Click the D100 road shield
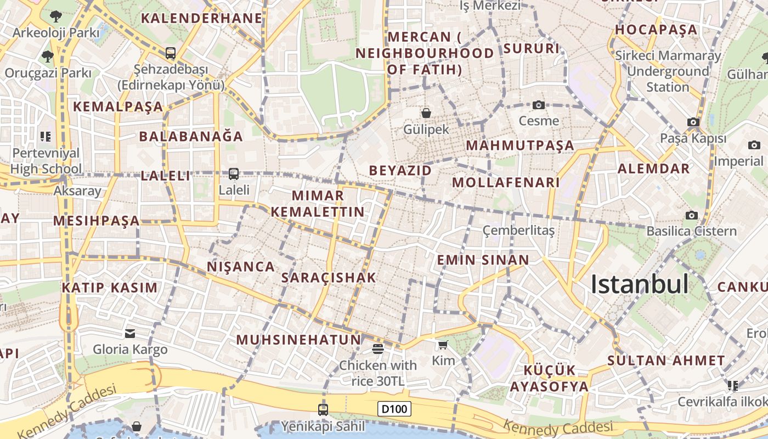point(394,409)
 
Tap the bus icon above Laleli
point(233,174)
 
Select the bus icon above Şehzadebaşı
point(170,53)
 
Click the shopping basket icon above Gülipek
point(426,113)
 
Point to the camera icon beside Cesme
point(539,105)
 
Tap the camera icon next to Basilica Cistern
point(692,215)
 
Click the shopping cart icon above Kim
point(443,345)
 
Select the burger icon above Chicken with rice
point(377,348)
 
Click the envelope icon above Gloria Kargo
point(130,333)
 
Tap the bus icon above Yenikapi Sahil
point(323,409)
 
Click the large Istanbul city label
point(640,284)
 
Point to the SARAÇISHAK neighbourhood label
point(329,278)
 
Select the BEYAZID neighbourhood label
point(400,171)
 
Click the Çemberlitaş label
point(518,230)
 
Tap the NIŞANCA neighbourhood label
point(241,267)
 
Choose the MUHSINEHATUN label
point(299,340)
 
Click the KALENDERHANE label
point(202,18)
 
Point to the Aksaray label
point(77,191)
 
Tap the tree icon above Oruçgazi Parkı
point(47,56)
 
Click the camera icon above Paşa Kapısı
point(693,122)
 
